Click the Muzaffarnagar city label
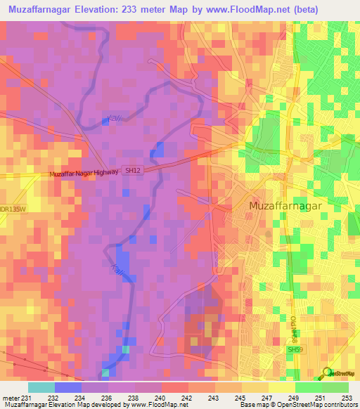(x=285, y=205)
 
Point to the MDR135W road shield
(x=11, y=208)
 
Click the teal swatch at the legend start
(x=41, y=387)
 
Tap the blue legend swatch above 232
(x=68, y=387)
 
